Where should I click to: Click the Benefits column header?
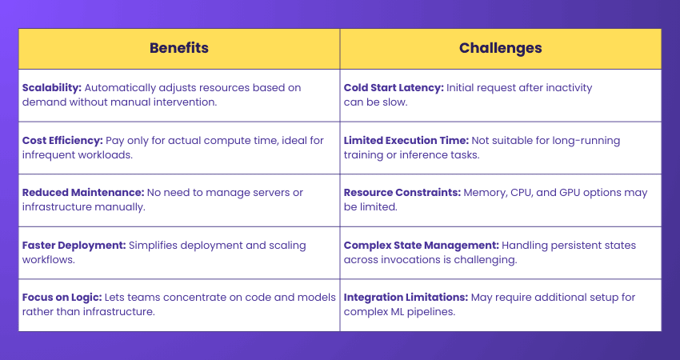179,48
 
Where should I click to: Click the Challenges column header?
500,48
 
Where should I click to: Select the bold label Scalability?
50,88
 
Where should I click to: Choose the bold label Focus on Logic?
59,298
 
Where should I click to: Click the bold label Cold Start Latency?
394,88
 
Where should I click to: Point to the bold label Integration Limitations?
405,298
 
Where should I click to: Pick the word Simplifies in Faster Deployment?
151,246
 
